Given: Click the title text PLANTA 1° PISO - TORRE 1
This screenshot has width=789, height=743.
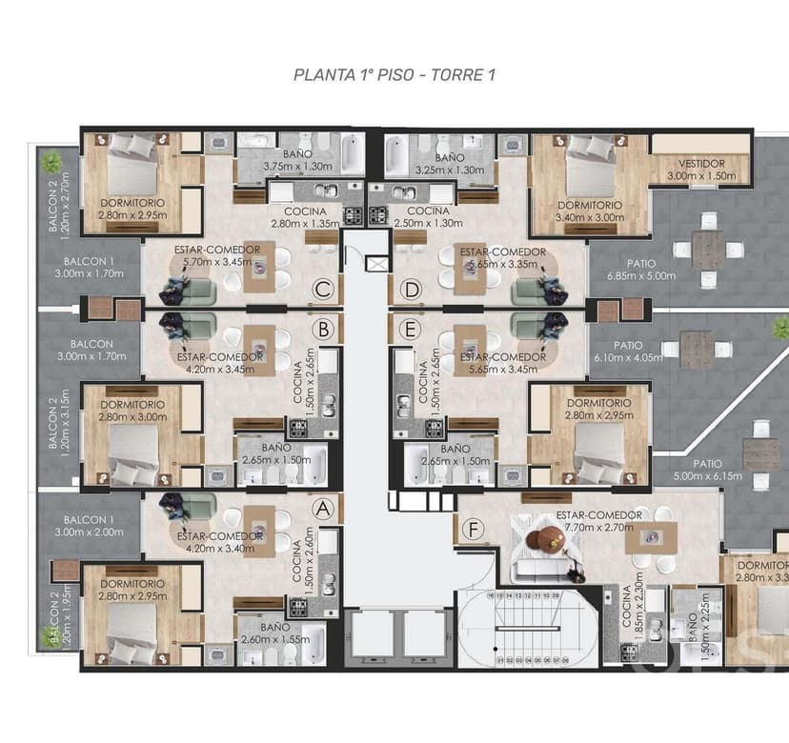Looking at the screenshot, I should pyautogui.click(x=394, y=74).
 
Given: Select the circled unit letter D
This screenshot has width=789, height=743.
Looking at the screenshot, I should pyautogui.click(x=411, y=289).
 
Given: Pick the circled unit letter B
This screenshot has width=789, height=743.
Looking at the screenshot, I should pyautogui.click(x=325, y=330).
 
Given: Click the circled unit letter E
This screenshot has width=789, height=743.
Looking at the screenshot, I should pyautogui.click(x=411, y=330).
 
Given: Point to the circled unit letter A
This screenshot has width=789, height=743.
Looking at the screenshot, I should pyautogui.click(x=325, y=509).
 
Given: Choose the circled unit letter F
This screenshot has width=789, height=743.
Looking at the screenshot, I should pyautogui.click(x=470, y=529).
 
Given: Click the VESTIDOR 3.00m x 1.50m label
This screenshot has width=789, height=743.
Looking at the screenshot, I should pyautogui.click(x=695, y=170).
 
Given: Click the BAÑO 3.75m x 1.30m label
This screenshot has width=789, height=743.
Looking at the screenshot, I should pyautogui.click(x=296, y=160).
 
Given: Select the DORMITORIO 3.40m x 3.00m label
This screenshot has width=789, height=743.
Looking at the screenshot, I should pyautogui.click(x=590, y=211).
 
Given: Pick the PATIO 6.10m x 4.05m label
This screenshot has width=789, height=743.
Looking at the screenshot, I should pyautogui.click(x=628, y=351).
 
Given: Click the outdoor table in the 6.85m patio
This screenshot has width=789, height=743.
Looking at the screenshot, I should pyautogui.click(x=707, y=251).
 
